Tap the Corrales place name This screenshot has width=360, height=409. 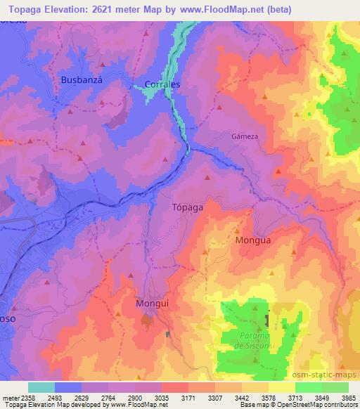tap(162, 84)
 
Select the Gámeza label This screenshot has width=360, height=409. tap(242, 136)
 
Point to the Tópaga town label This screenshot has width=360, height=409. tap(188, 207)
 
